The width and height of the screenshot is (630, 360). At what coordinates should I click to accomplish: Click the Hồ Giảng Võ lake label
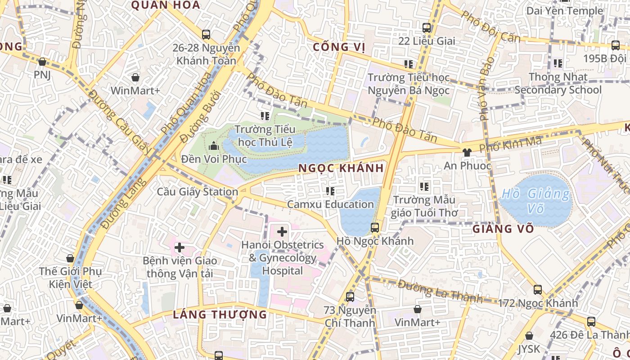(x=535, y=201)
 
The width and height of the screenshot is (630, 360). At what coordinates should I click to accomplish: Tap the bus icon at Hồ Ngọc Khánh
(x=374, y=228)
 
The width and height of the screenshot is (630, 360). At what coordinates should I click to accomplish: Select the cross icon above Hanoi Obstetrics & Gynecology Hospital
(x=282, y=232)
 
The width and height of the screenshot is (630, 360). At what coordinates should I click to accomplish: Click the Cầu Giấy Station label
(x=198, y=192)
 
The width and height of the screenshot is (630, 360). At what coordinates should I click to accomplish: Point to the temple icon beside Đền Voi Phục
(x=214, y=146)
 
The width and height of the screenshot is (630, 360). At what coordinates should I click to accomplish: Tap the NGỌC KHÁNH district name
(x=342, y=168)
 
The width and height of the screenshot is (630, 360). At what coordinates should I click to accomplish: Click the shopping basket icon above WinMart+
(x=135, y=77)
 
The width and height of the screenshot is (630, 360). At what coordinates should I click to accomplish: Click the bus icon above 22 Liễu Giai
(x=427, y=28)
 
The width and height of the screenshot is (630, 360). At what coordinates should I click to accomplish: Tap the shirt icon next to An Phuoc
(x=467, y=153)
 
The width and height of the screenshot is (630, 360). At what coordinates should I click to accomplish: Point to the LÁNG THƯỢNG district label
(x=220, y=315)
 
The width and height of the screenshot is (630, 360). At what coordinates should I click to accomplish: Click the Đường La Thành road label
(x=440, y=291)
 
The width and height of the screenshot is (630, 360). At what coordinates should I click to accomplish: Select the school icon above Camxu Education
(x=331, y=192)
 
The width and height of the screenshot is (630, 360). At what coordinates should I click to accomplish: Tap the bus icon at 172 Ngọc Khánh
(x=537, y=290)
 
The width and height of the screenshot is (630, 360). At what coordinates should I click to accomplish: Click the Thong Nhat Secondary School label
(x=558, y=83)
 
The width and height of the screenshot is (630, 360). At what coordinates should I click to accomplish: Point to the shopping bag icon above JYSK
(x=529, y=336)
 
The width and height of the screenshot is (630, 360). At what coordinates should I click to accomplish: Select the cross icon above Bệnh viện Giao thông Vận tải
(x=180, y=247)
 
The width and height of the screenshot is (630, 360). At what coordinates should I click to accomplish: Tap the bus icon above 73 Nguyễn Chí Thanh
(x=350, y=297)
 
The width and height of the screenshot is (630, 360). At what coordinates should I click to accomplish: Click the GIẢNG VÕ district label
(x=503, y=229)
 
